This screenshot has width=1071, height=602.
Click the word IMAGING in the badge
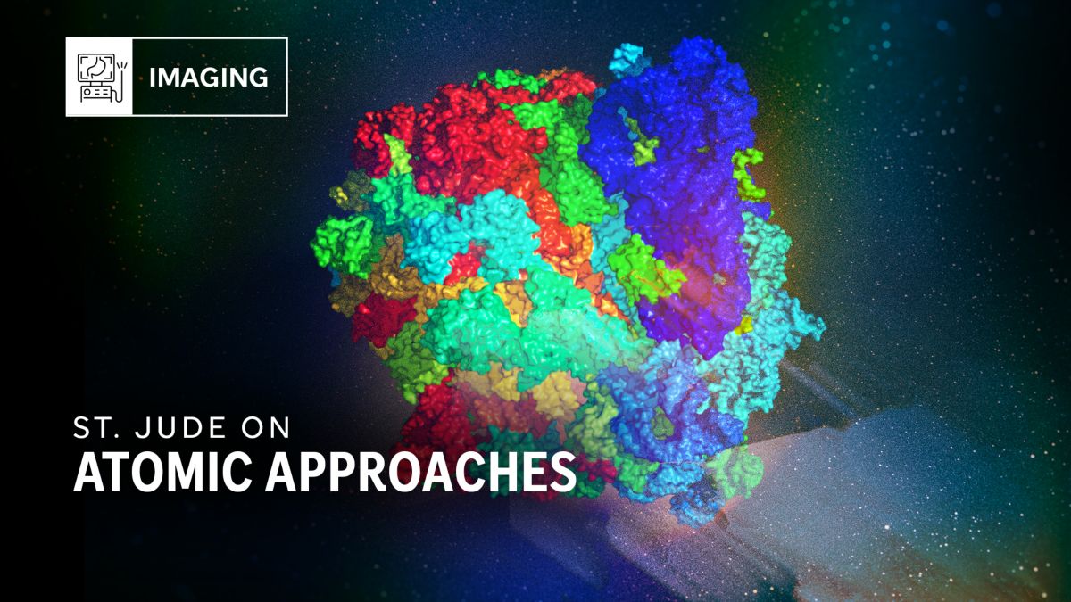pos(209,78)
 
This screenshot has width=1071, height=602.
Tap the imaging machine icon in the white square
pos(99,77)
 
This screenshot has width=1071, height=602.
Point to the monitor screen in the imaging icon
pos(95,67)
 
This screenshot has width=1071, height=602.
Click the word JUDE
pos(178,428)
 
